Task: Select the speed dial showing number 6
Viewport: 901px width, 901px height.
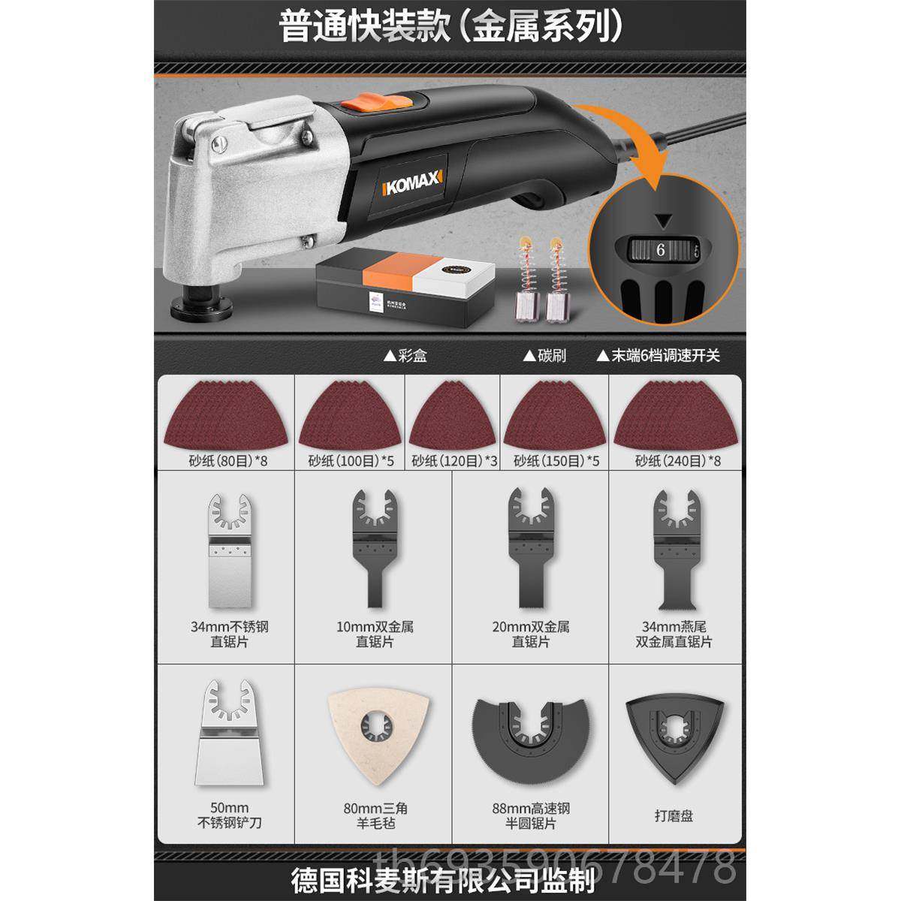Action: pos(661,250)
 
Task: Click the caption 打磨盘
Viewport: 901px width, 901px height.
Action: pos(673,815)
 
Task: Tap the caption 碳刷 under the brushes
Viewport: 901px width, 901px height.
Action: pos(547,355)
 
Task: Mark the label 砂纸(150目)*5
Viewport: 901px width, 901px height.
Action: pos(556,460)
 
